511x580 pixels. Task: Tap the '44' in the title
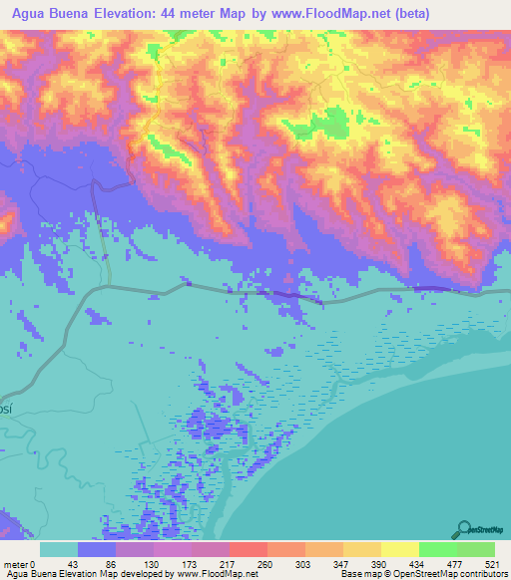(201, 14)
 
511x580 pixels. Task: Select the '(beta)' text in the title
(473, 14)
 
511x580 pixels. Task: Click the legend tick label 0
(32, 563)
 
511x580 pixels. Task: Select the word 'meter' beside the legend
(15, 563)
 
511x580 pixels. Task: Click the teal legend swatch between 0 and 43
(59, 549)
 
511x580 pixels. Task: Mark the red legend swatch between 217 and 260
(248, 549)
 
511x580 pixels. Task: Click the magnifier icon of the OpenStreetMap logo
(463, 528)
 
